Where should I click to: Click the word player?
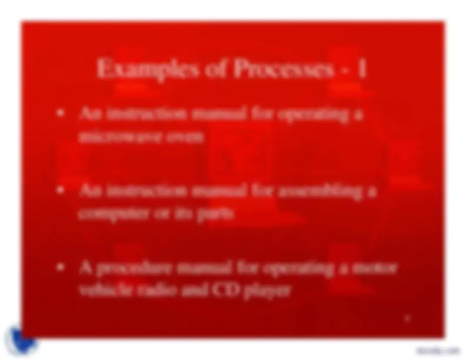click(x=262, y=291)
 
